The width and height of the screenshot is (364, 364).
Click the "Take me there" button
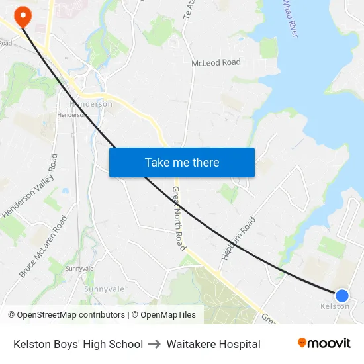pyautogui.click(x=182, y=162)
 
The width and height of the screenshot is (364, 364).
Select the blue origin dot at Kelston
pyautogui.click(x=342, y=295)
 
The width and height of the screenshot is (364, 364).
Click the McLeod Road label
pyautogui.click(x=216, y=62)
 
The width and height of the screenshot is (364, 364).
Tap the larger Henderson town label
pyautogui.click(x=91, y=104)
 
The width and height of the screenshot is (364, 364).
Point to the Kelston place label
pyautogui.click(x=335, y=306)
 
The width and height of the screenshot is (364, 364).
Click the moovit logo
pyautogui.click(x=324, y=343)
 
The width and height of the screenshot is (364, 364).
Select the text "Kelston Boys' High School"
pyautogui.click(x=78, y=344)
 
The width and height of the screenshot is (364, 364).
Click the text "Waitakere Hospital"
pyautogui.click(x=213, y=344)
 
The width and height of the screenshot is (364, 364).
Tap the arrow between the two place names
pyautogui.click(x=155, y=344)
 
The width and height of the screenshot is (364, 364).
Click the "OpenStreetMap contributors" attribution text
pyautogui.click(x=71, y=315)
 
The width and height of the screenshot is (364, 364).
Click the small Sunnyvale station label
pyautogui.click(x=79, y=269)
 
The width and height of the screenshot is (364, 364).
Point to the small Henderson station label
pyautogui.click(x=71, y=114)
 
